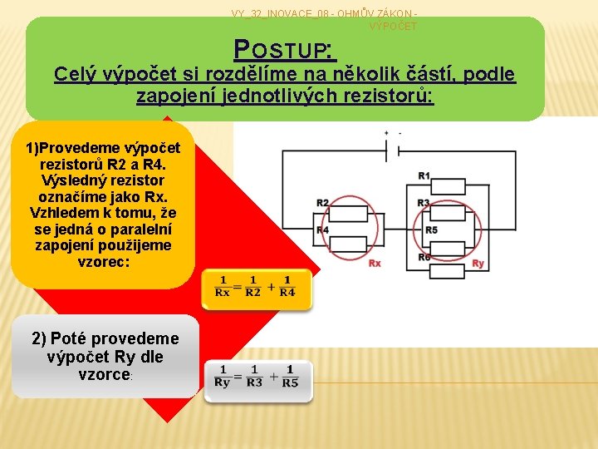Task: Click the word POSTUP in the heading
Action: pyautogui.click(x=284, y=51)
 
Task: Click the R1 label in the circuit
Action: pyautogui.click(x=424, y=175)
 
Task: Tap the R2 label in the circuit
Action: pyautogui.click(x=323, y=203)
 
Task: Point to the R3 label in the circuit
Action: pyautogui.click(x=424, y=203)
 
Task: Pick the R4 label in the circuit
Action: pyautogui.click(x=323, y=230)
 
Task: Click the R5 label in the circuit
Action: pyautogui.click(x=431, y=230)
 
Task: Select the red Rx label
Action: pyautogui.click(x=375, y=264)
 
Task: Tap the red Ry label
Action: pyautogui.click(x=478, y=264)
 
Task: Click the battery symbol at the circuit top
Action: pyautogui.click(x=393, y=146)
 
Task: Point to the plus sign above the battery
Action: pyautogui.click(x=386, y=133)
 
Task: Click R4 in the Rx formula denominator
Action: pyautogui.click(x=287, y=293)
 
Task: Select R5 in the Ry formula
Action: pyautogui.click(x=290, y=382)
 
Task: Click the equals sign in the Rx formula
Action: pyautogui.click(x=238, y=287)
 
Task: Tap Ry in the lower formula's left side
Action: pyautogui.click(x=222, y=382)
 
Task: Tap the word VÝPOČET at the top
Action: pyautogui.click(x=393, y=27)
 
